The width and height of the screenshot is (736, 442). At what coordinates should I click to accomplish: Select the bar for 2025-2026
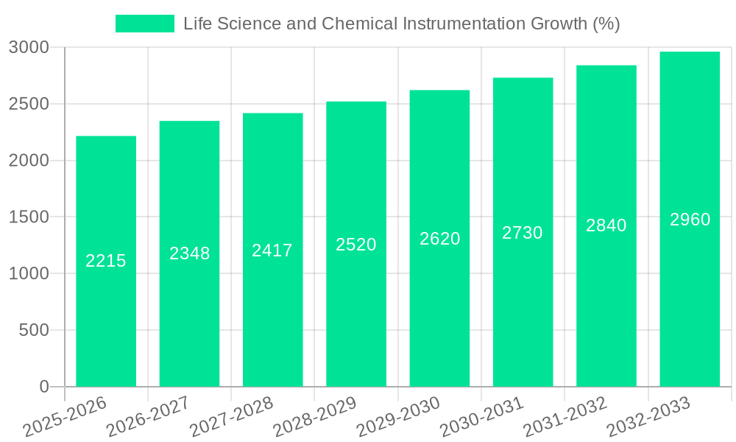pos(106,295)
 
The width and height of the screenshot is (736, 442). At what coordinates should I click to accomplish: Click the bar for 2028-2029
pos(356,295)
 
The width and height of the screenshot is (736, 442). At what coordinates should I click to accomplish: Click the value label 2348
pos(190,253)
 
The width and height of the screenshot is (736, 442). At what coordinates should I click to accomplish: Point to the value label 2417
pos(272,250)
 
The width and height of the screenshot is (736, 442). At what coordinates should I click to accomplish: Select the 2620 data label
pos(440,239)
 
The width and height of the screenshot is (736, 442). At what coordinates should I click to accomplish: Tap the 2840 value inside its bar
pos(606,225)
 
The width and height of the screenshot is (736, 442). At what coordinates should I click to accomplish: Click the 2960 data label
pos(690,220)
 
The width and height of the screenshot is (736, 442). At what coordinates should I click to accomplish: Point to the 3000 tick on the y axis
pos(29,48)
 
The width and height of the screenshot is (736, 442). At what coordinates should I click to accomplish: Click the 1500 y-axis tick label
pos(29,217)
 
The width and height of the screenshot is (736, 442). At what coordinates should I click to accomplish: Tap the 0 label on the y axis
pos(43,387)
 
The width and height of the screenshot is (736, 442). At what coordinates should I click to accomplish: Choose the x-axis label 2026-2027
pos(148,416)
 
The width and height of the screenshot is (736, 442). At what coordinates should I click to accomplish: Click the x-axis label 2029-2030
pos(398,416)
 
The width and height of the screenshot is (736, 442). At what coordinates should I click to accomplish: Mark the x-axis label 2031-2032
pos(565,416)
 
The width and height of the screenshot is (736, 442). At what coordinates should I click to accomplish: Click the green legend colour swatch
pos(145,24)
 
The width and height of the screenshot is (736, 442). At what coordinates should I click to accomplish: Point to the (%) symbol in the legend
pos(606,24)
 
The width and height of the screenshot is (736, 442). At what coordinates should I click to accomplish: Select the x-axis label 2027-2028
pos(231,416)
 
